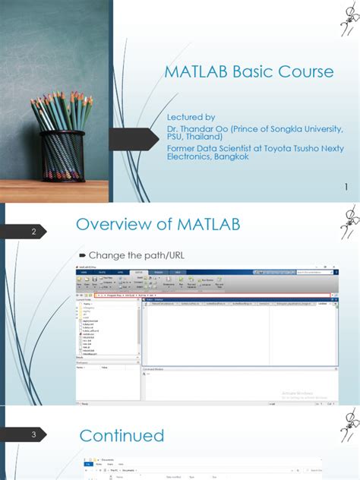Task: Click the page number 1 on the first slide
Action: click(346, 188)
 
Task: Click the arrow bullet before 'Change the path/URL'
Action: click(82, 254)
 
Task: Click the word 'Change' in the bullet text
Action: click(105, 254)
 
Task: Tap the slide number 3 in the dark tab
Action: click(33, 435)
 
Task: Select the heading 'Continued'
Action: click(122, 435)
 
